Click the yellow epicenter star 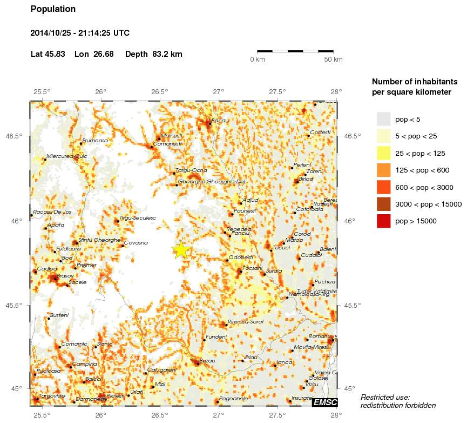[181, 250]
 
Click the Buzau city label [207, 360]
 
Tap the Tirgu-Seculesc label [138, 218]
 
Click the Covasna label [136, 243]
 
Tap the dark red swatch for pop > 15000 [383, 221]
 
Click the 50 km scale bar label [333, 60]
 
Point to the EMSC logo [325, 402]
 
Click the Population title [53, 9]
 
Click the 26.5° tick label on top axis [160, 91]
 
